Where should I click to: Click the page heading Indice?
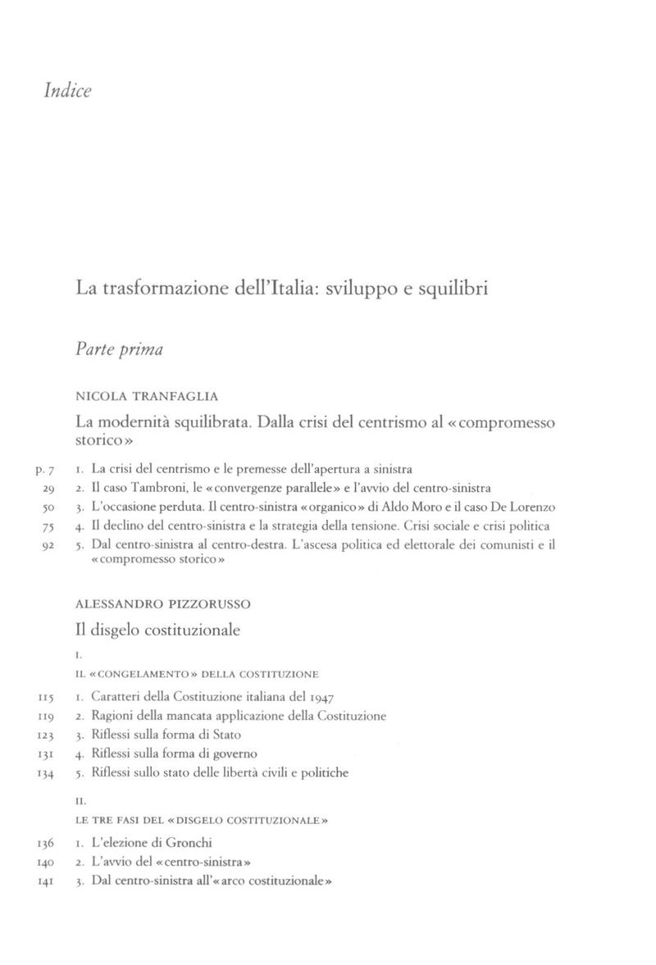click(67, 90)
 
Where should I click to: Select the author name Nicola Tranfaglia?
click(147, 396)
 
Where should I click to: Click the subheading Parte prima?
click(119, 349)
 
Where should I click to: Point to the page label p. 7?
click(44, 471)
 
